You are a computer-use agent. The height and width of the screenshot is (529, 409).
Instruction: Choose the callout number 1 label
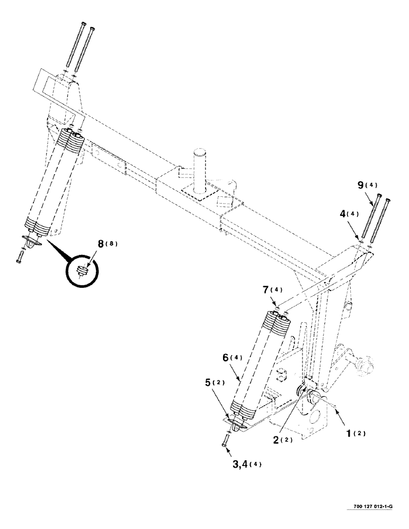(x=350, y=432)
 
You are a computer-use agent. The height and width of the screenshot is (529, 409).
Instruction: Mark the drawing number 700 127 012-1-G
(x=372, y=508)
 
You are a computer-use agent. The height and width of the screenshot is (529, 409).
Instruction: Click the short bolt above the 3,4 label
(x=225, y=439)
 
